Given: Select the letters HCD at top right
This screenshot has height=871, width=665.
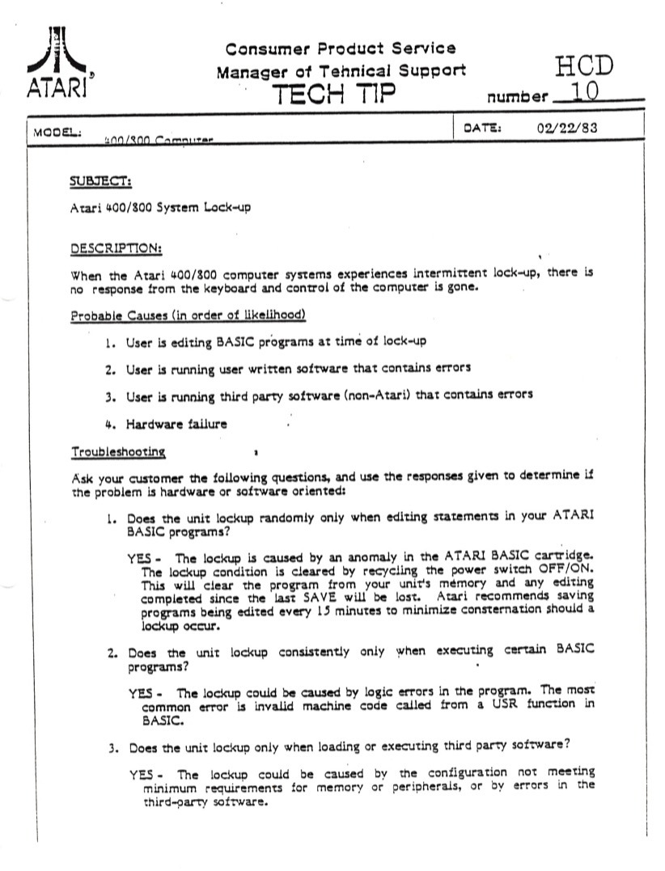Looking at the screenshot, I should [x=584, y=67].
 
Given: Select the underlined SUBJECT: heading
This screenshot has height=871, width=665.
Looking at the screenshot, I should [x=102, y=180].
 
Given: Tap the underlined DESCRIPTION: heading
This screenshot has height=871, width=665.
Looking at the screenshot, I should [x=116, y=247].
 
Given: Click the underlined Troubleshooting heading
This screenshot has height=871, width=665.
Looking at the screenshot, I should [x=119, y=451].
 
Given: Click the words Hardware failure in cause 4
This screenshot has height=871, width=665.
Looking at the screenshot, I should [x=176, y=424].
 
